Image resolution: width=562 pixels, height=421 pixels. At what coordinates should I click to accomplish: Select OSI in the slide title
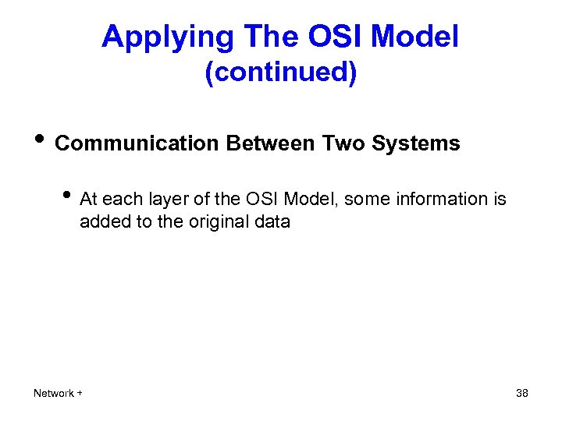click(329, 37)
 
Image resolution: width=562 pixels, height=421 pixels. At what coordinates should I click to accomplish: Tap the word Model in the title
click(415, 37)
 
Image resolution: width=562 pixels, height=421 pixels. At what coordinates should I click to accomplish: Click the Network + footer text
click(59, 393)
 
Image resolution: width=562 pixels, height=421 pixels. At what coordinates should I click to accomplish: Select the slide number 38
click(522, 393)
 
